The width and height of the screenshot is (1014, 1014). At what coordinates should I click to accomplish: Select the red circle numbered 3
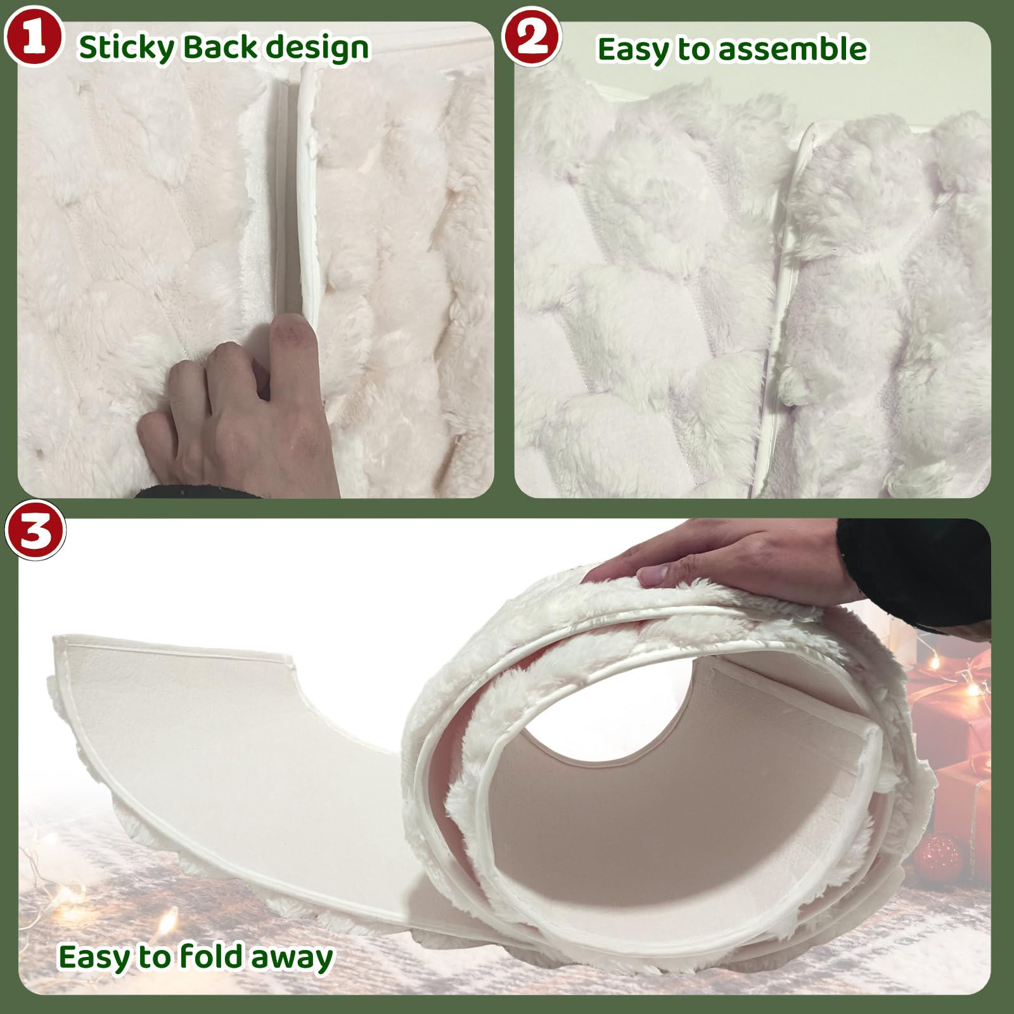(35, 531)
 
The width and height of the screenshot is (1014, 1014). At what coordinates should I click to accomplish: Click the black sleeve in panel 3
(919, 570)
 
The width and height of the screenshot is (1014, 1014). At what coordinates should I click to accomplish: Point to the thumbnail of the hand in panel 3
(655, 575)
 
